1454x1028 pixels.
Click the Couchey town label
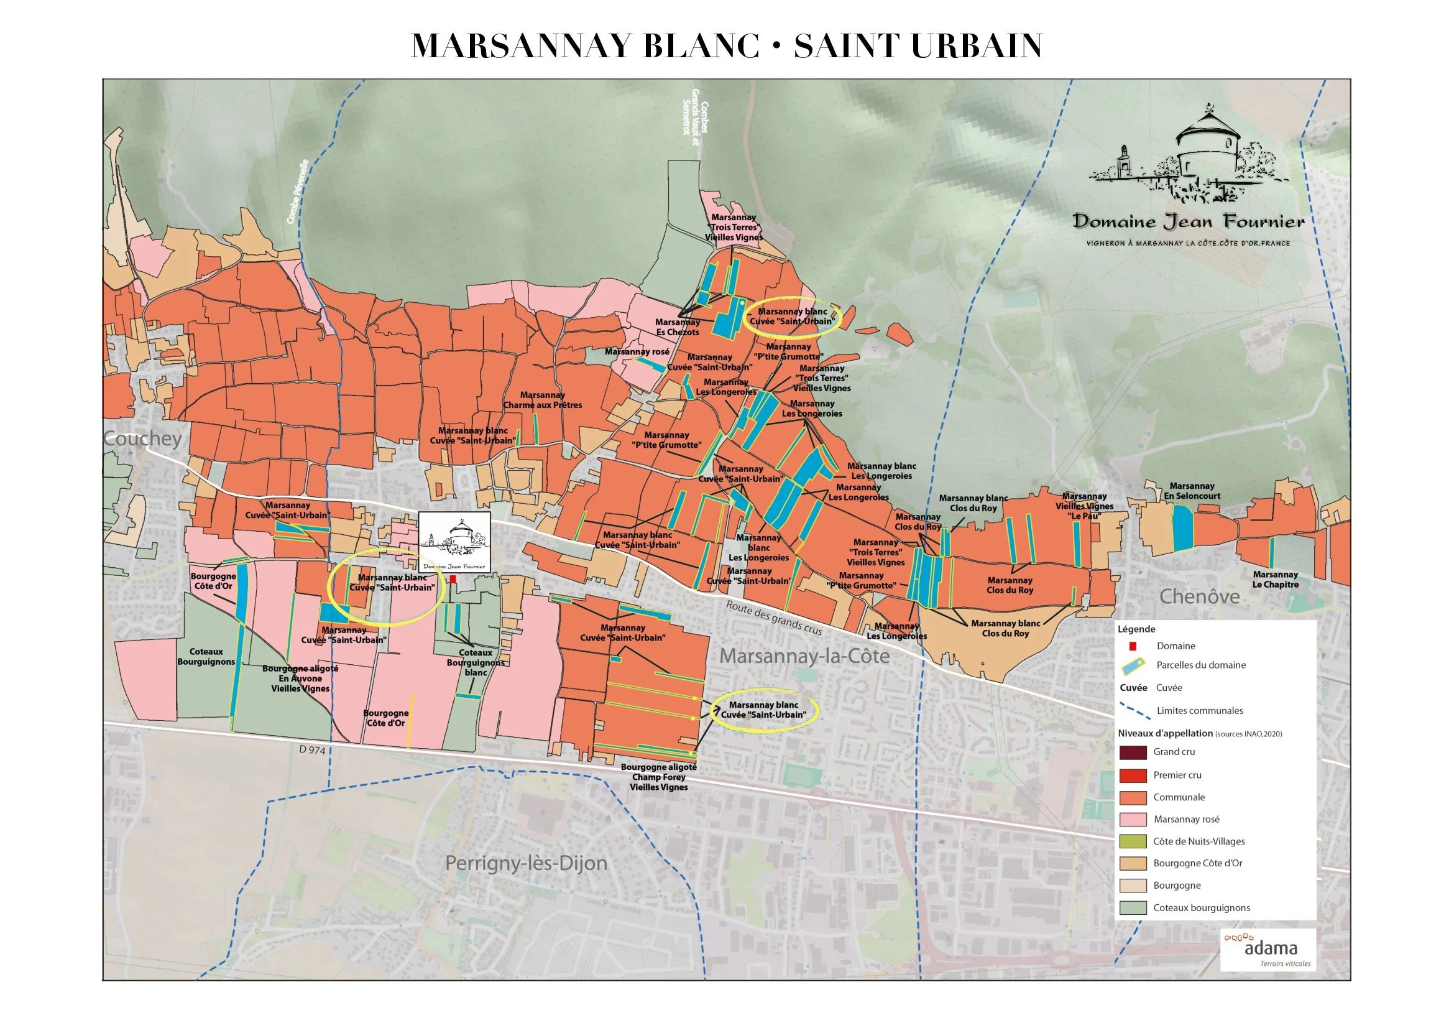[142, 438]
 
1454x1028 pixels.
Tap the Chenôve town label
[1199, 596]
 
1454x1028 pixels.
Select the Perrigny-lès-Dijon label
[526, 863]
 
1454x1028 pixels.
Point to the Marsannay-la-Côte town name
[804, 656]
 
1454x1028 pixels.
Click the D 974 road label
[312, 750]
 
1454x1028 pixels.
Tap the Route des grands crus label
[774, 618]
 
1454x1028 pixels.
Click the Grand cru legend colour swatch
[1133, 752]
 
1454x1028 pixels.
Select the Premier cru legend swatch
[1133, 776]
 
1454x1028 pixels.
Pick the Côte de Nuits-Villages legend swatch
[1133, 842]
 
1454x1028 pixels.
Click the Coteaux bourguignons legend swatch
[1133, 909]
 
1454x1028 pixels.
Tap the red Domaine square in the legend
[1133, 646]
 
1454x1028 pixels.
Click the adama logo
[1269, 948]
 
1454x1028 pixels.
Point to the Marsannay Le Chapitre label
[1276, 580]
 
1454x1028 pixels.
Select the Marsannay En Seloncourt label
[1192, 491]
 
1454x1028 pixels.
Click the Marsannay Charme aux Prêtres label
[542, 401]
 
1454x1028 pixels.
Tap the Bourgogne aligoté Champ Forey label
[658, 777]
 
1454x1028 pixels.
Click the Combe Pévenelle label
[297, 192]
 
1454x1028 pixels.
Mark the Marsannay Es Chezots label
[677, 327]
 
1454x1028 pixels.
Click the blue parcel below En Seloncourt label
[1182, 529]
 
